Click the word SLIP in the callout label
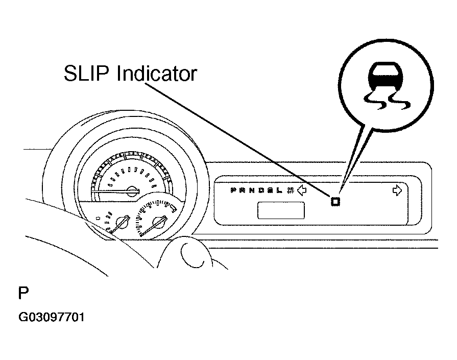click(x=87, y=74)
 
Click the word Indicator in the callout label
click(x=156, y=74)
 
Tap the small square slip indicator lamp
click(x=335, y=201)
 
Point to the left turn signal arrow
click(x=302, y=191)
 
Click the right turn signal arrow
click(x=397, y=190)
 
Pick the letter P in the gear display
click(x=233, y=190)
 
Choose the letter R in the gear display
click(x=242, y=190)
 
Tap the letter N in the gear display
click(x=251, y=190)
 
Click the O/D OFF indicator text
click(x=291, y=190)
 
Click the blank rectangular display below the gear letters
click(x=281, y=210)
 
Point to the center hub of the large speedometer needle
click(x=132, y=191)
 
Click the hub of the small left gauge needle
click(x=123, y=223)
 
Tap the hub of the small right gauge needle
click(x=159, y=223)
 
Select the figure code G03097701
click(x=52, y=318)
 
